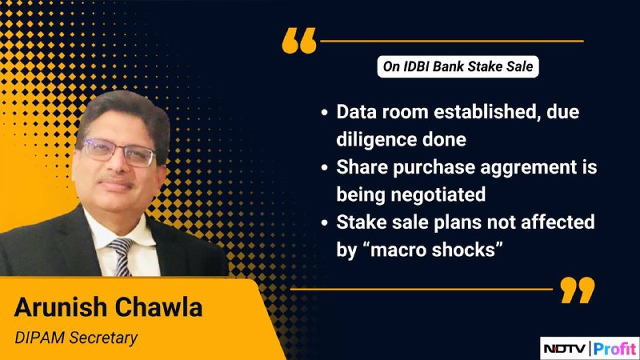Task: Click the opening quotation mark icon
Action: click(x=299, y=41)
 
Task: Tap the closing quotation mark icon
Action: click(x=577, y=290)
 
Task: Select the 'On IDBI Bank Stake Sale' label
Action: click(x=458, y=66)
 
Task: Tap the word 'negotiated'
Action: click(x=438, y=194)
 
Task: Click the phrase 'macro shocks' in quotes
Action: click(x=431, y=250)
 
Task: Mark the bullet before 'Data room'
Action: click(x=325, y=112)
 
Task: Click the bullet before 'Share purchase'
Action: click(x=325, y=167)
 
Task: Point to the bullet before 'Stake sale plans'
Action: click(x=325, y=222)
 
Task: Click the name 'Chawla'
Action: click(x=158, y=307)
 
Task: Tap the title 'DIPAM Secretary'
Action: click(x=76, y=338)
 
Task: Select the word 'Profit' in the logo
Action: click(x=614, y=349)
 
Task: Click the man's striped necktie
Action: click(x=122, y=257)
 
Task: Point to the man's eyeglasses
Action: click(x=119, y=152)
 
